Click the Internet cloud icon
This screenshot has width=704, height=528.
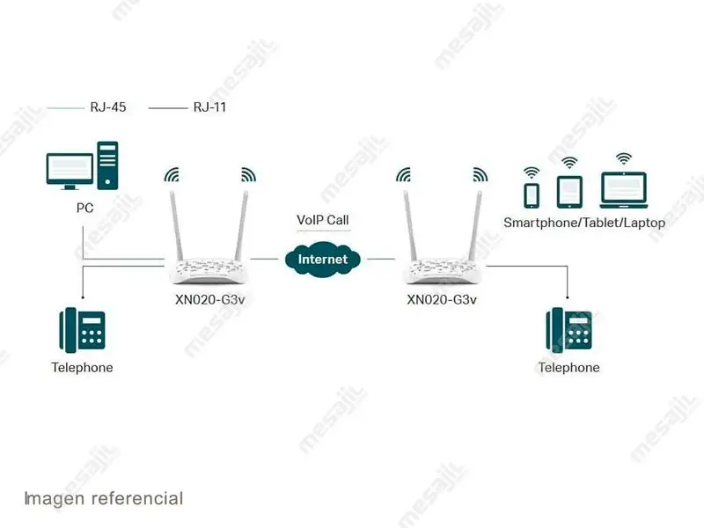tap(322, 259)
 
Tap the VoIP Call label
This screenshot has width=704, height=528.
tap(322, 220)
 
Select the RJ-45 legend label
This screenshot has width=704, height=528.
tap(108, 107)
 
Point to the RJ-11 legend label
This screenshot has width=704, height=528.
tap(211, 107)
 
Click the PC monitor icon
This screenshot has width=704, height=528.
tap(69, 170)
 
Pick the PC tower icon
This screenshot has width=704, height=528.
tap(107, 165)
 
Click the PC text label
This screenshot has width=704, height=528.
tap(84, 209)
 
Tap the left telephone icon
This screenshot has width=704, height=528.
tap(82, 331)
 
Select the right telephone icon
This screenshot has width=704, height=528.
tap(568, 331)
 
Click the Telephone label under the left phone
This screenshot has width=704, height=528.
tap(82, 368)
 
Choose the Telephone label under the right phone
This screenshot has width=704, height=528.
tap(568, 368)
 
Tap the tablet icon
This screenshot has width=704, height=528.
tap(569, 190)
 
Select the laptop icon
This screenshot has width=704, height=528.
tap(623, 188)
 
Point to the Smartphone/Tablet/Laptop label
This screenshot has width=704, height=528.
tap(584, 223)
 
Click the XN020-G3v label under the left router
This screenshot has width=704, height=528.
tap(209, 299)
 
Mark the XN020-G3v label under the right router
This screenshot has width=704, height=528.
tap(442, 299)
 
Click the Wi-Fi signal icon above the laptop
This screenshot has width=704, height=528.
tap(623, 158)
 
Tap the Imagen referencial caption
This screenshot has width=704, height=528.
tap(103, 499)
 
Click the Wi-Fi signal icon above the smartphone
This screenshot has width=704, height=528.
tap(532, 172)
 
